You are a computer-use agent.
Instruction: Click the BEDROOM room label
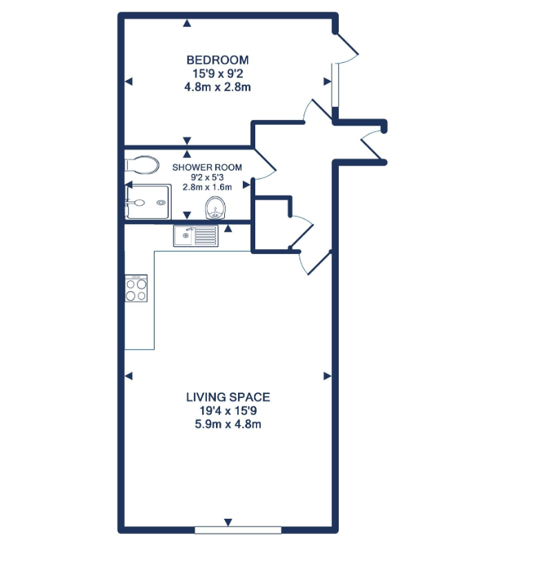point(217,60)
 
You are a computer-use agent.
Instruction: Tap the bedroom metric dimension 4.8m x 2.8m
point(217,87)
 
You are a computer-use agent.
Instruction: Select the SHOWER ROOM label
point(207,168)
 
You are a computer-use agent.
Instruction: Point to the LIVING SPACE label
point(228,397)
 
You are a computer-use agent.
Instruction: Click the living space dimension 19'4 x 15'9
point(228,411)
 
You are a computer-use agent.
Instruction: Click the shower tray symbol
point(148,202)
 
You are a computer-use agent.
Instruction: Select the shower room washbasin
point(216,206)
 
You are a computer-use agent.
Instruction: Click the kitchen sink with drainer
point(196,236)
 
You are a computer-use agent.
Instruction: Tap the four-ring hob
point(136,288)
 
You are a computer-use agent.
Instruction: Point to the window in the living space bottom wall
point(237,530)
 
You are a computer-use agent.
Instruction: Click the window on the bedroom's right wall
point(334,84)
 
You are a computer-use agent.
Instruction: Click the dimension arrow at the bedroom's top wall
point(186,24)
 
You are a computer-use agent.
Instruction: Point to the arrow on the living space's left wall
point(128,376)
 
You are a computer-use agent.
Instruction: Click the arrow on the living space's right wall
point(327,376)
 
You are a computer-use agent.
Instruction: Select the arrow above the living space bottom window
point(228,522)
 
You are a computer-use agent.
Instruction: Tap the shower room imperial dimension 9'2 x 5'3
point(207,177)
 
